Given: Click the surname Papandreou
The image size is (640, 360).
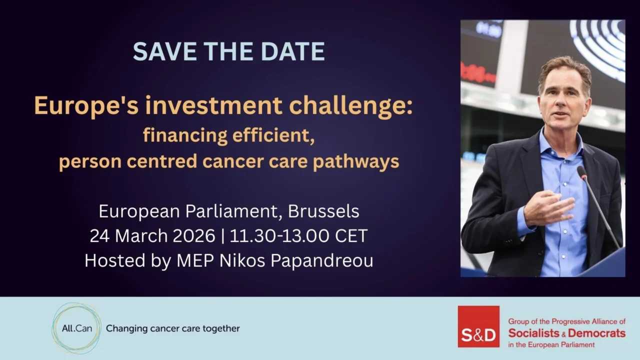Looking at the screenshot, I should point(324,260).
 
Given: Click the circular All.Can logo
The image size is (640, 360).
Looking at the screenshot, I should point(76,328).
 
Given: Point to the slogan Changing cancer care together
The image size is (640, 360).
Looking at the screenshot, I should point(173,328).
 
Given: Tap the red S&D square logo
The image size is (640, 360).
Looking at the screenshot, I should point(478,326).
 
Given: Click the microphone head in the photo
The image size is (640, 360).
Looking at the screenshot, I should point(582,173).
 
